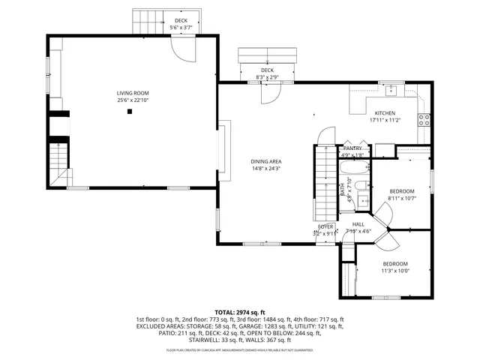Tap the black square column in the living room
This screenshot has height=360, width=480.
click(130, 112)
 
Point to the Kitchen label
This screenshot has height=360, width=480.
click(385, 113)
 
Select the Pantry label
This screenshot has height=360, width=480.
click(352, 148)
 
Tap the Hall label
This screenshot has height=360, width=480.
click(358, 224)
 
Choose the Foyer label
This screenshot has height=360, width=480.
click(325, 226)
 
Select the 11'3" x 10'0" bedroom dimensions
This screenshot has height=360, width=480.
click(395, 271)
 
